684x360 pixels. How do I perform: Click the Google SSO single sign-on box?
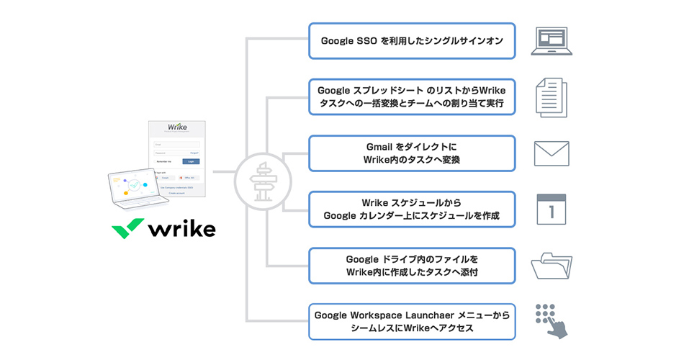(412, 41)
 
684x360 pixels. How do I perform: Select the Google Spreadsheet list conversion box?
(412, 97)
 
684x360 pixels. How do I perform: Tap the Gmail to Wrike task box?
(412, 153)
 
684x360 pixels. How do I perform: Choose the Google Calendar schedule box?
(412, 209)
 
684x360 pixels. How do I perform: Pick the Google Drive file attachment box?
(412, 266)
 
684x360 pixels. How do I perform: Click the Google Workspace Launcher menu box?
(412, 322)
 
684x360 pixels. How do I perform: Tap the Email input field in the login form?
(176, 144)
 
